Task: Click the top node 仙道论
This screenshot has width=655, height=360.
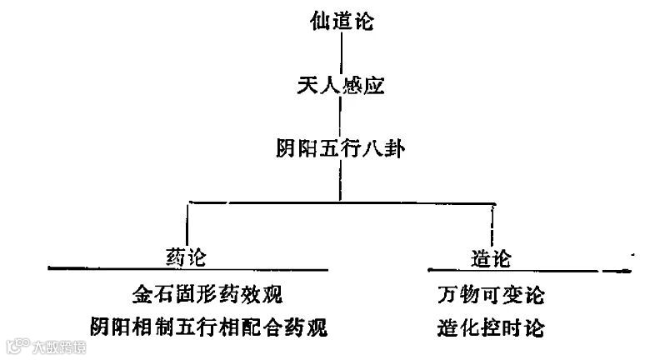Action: (339, 20)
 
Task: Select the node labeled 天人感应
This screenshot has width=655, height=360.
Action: (339, 85)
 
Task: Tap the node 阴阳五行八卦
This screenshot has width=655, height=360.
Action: (340, 149)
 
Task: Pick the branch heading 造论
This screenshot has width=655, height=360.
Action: (492, 256)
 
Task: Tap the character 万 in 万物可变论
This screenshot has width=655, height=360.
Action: (447, 296)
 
